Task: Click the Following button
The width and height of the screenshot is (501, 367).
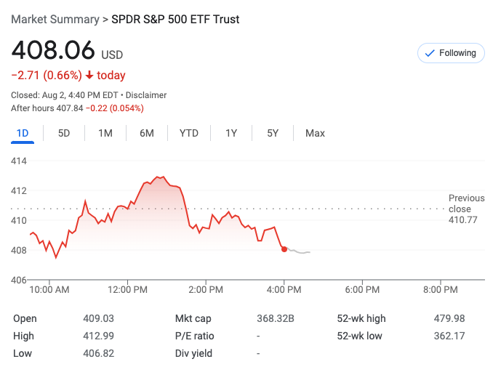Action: [x=451, y=53]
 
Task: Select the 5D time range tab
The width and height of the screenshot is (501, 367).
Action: [x=64, y=133]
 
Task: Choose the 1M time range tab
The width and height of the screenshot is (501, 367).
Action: [x=105, y=133]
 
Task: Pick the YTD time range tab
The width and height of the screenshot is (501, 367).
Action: [x=189, y=133]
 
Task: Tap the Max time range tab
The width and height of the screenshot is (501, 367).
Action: [x=315, y=133]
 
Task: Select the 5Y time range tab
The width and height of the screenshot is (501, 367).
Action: [x=273, y=133]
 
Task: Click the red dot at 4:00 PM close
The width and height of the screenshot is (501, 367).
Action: [x=284, y=249]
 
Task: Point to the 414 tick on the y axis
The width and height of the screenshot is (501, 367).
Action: [x=19, y=161]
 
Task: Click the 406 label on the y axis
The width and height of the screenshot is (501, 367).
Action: [x=19, y=280]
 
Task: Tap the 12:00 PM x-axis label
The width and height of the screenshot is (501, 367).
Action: [x=127, y=289]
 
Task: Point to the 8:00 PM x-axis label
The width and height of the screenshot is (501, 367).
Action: [x=440, y=289]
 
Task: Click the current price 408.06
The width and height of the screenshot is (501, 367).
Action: [x=53, y=51]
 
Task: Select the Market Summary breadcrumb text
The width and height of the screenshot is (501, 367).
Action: [x=55, y=19]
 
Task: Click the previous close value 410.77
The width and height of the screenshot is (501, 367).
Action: [x=463, y=219]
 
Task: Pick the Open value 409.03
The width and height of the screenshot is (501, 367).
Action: [x=99, y=318]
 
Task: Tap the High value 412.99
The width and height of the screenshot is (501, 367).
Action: [x=99, y=336]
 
